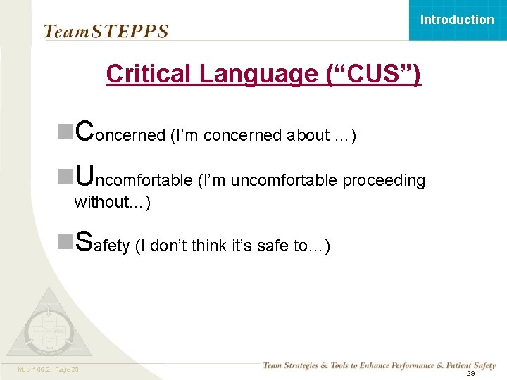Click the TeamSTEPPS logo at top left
coord(106,31)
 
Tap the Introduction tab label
coord(457,20)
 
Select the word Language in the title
coord(260,74)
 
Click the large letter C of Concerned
coord(84,130)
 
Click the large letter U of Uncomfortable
coord(84,175)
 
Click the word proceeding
coord(384,181)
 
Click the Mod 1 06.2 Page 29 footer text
coord(49,369)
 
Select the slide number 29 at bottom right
coord(470,374)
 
